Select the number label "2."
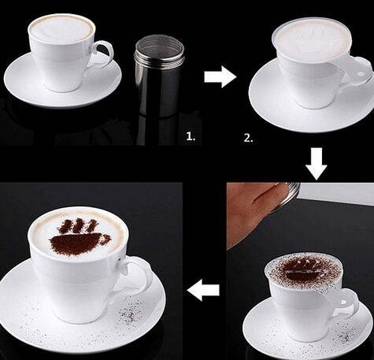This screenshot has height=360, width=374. click(x=248, y=138)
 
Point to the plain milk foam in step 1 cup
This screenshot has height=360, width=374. click(x=61, y=32)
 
